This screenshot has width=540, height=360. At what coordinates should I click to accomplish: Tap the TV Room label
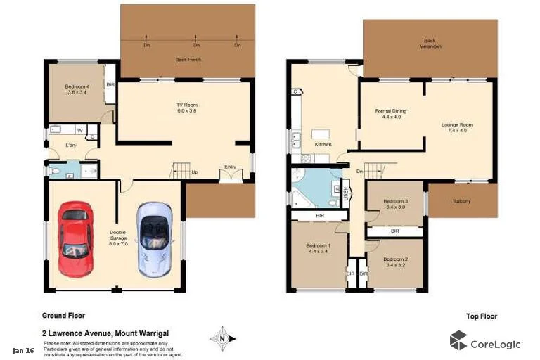point(187,108)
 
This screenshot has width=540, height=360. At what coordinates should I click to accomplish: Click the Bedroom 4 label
point(77,89)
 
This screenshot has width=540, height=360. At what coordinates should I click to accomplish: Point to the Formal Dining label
point(390,114)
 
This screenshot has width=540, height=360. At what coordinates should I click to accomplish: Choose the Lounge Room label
point(457,127)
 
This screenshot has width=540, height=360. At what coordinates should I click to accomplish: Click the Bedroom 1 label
point(318,248)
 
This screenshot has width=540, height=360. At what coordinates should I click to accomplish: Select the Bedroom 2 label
point(396,262)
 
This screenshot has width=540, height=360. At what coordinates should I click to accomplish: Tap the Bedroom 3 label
point(396,203)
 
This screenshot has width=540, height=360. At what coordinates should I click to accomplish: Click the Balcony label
point(462,201)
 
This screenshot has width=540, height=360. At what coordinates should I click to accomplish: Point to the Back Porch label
point(188,60)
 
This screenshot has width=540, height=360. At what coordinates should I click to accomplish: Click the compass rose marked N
point(222,338)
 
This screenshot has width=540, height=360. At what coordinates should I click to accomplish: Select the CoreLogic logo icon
point(458,340)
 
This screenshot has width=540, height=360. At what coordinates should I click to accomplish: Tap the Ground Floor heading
point(64,316)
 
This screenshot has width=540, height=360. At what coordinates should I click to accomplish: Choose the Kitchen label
point(323,144)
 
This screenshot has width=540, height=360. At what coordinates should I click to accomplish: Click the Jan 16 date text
point(23,350)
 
